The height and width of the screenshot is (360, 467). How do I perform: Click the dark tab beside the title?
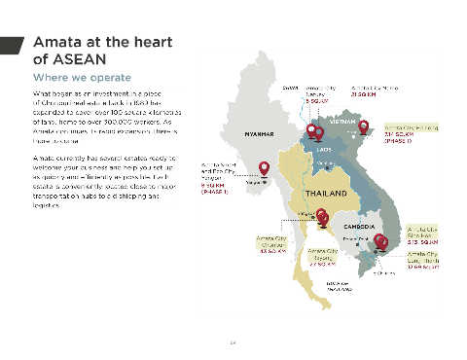[12, 47]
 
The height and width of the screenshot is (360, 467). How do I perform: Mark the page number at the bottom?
[233, 341]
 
